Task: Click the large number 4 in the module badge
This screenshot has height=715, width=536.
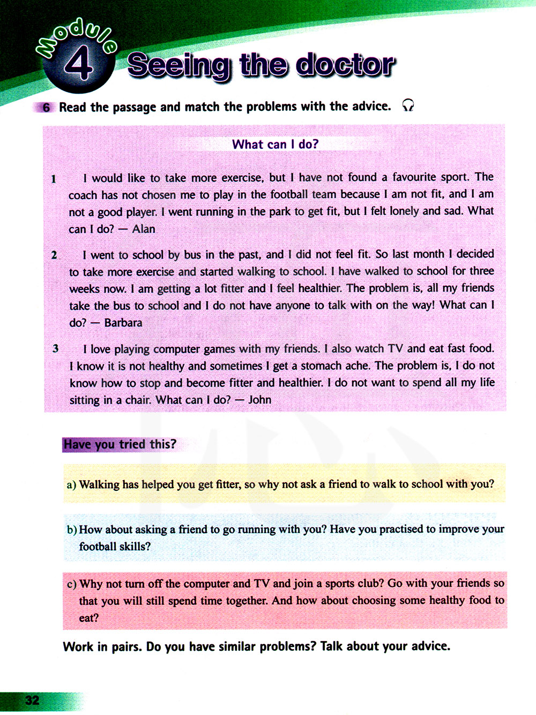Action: click(x=79, y=63)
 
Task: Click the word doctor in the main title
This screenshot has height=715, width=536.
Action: click(x=345, y=65)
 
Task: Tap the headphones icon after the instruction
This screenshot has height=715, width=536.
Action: click(x=408, y=105)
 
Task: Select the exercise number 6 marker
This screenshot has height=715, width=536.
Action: click(x=46, y=108)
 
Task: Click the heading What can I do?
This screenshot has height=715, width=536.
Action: click(x=275, y=144)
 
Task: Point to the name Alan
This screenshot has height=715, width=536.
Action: click(x=144, y=229)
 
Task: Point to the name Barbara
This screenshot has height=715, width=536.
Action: click(x=123, y=323)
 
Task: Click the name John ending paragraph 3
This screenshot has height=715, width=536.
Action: click(x=260, y=400)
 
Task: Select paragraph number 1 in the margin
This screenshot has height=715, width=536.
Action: click(x=54, y=179)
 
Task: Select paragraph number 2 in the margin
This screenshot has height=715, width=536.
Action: click(x=54, y=255)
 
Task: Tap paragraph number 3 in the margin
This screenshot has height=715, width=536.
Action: click(x=55, y=348)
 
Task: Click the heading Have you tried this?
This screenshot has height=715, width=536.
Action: click(x=120, y=444)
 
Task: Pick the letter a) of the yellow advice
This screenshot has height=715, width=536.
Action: click(x=71, y=485)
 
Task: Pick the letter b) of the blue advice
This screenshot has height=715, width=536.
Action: click(x=72, y=530)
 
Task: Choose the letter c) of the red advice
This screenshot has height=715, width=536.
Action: click(x=72, y=584)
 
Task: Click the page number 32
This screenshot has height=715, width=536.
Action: click(x=32, y=700)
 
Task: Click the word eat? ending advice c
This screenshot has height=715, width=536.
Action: click(x=89, y=618)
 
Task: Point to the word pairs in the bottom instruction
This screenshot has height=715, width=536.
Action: click(x=126, y=647)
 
